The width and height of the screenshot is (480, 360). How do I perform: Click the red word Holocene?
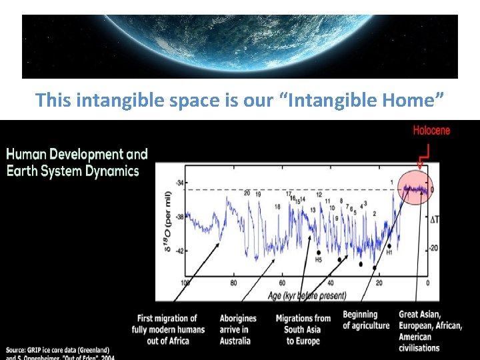[x=431, y=130]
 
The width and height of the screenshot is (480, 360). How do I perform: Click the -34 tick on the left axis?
[x=179, y=183]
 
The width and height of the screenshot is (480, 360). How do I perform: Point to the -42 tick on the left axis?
[x=179, y=251]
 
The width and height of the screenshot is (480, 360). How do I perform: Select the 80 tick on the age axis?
[x=233, y=283]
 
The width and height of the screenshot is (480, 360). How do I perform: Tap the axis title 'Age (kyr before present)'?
[x=307, y=295]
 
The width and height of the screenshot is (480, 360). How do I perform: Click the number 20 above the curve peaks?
[x=247, y=193]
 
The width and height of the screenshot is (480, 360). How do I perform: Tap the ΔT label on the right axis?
[x=434, y=219]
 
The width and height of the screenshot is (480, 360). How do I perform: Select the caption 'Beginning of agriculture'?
[x=365, y=320]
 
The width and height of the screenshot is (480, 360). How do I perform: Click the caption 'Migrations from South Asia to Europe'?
[x=303, y=329]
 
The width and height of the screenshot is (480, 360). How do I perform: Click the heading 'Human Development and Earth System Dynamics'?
[x=77, y=163]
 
